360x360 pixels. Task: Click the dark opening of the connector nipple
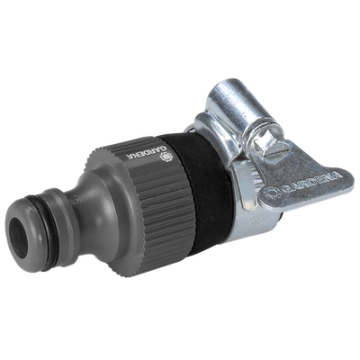[19, 234]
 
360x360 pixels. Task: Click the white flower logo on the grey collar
[166, 157]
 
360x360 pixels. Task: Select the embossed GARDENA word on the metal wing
[311, 182]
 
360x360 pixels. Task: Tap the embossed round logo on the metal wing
[272, 193]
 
